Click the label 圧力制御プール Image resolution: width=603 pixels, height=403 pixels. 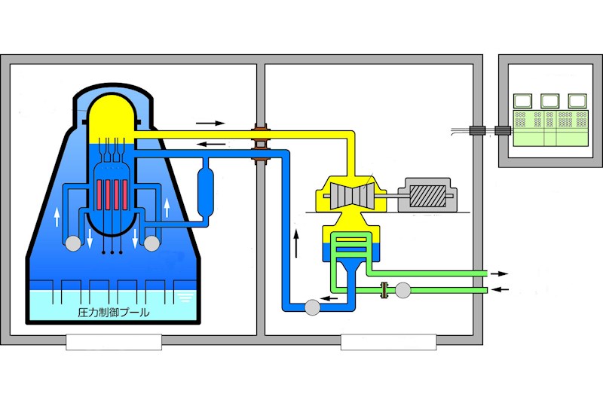114,311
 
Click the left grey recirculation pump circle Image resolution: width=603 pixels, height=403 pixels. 73,243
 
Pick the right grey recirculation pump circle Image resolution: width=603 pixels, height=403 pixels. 152,243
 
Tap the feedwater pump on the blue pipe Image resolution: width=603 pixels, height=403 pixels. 310,306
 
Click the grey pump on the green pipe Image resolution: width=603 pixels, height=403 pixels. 403,289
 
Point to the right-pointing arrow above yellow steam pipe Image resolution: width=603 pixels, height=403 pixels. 210,121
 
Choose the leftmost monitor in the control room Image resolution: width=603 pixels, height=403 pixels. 522,100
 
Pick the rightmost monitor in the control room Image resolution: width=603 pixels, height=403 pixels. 577,100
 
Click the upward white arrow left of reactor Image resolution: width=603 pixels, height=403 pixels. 56,218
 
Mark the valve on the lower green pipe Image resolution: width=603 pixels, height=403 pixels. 385,289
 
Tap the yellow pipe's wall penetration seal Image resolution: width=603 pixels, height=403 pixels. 260,134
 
